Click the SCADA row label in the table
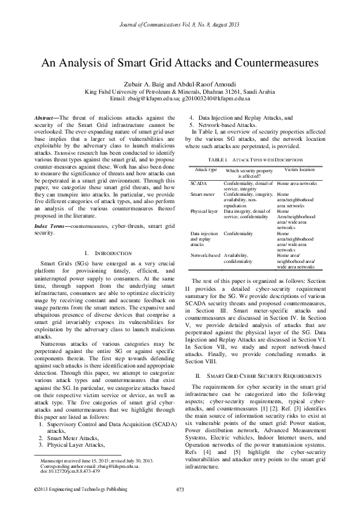coord(197,183)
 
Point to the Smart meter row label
coord(202,194)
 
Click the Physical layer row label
coord(204,211)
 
